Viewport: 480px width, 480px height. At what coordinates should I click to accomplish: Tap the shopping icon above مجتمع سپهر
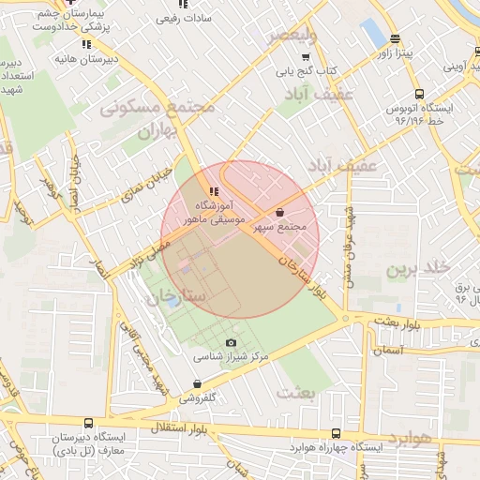click(x=281, y=213)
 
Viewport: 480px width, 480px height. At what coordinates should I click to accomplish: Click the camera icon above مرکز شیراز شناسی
click(x=232, y=342)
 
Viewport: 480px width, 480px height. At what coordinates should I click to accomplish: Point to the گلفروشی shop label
click(x=198, y=397)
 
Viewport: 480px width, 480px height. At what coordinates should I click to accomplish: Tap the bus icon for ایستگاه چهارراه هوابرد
click(x=337, y=434)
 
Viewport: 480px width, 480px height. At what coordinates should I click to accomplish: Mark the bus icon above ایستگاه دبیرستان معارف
click(x=88, y=423)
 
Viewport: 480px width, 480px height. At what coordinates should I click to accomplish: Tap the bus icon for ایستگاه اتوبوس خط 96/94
click(x=418, y=94)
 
